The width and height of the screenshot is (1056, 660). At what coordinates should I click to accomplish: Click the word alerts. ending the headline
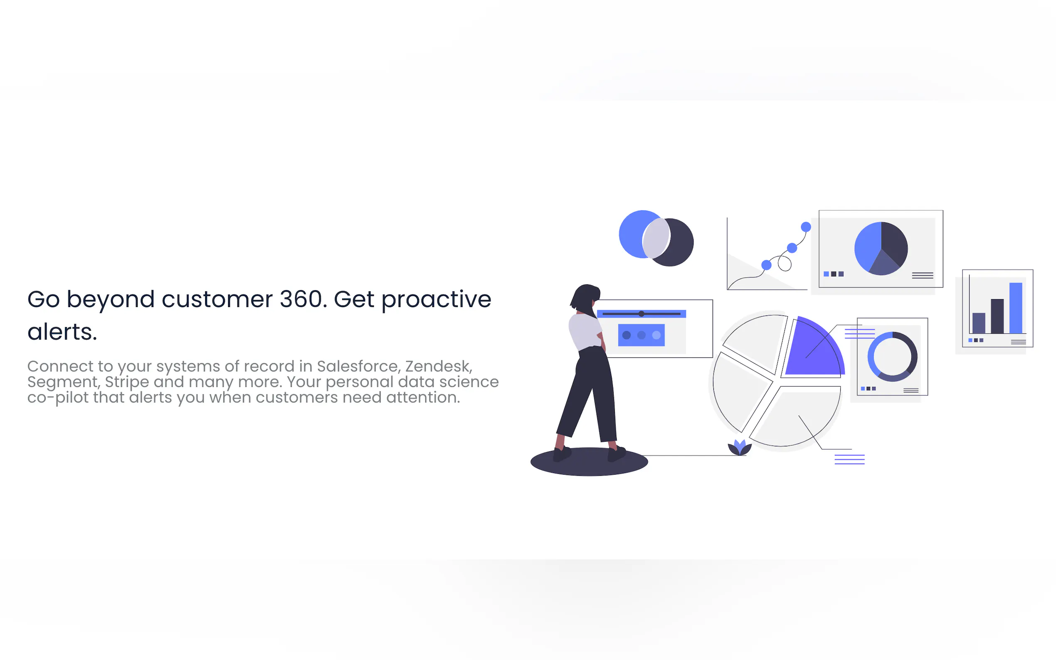(x=62, y=332)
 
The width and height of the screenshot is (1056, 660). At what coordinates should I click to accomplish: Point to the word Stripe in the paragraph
(x=127, y=382)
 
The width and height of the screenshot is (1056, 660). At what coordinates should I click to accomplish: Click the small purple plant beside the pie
(x=740, y=448)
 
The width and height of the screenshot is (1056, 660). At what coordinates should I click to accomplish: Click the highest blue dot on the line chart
(x=806, y=227)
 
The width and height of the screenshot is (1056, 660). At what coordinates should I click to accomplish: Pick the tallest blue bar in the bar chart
(x=1015, y=308)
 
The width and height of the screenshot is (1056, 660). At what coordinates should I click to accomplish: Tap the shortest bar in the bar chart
(x=979, y=323)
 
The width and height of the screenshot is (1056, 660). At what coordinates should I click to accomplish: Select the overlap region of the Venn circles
(x=656, y=238)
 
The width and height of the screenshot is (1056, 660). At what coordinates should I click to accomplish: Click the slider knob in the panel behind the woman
(x=641, y=314)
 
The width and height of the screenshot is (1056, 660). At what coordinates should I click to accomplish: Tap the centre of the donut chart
(x=892, y=357)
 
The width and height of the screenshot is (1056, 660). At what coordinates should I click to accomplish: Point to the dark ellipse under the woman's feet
(x=589, y=461)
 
